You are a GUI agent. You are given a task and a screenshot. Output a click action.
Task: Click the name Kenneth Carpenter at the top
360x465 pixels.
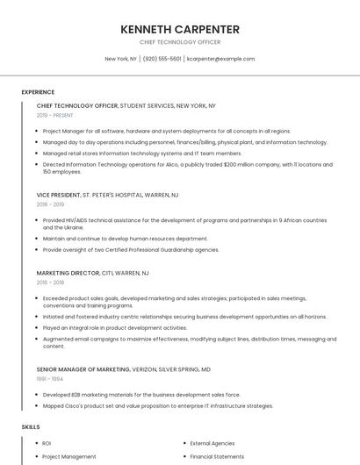180,29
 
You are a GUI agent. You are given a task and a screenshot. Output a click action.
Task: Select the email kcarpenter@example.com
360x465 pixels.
221,59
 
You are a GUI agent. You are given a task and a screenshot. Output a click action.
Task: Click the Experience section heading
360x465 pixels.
38,92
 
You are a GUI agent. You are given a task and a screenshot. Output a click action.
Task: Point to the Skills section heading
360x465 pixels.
31,426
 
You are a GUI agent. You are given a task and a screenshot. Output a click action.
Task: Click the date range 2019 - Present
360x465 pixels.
55,115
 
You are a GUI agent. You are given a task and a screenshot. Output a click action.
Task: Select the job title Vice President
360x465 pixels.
58,195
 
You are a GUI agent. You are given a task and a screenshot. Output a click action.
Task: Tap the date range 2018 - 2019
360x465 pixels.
50,204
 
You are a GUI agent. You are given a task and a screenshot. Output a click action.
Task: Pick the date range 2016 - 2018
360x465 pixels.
50,283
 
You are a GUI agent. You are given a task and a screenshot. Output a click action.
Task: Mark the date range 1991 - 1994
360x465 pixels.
50,380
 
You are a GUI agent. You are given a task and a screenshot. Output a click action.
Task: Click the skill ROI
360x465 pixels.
47,443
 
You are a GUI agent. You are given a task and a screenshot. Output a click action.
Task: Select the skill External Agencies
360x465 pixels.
212,443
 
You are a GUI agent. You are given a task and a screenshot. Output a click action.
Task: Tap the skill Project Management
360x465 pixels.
69,456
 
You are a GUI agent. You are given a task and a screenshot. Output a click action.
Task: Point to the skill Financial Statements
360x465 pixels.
216,456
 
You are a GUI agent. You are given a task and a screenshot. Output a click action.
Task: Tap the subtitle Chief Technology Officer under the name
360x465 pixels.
180,42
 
